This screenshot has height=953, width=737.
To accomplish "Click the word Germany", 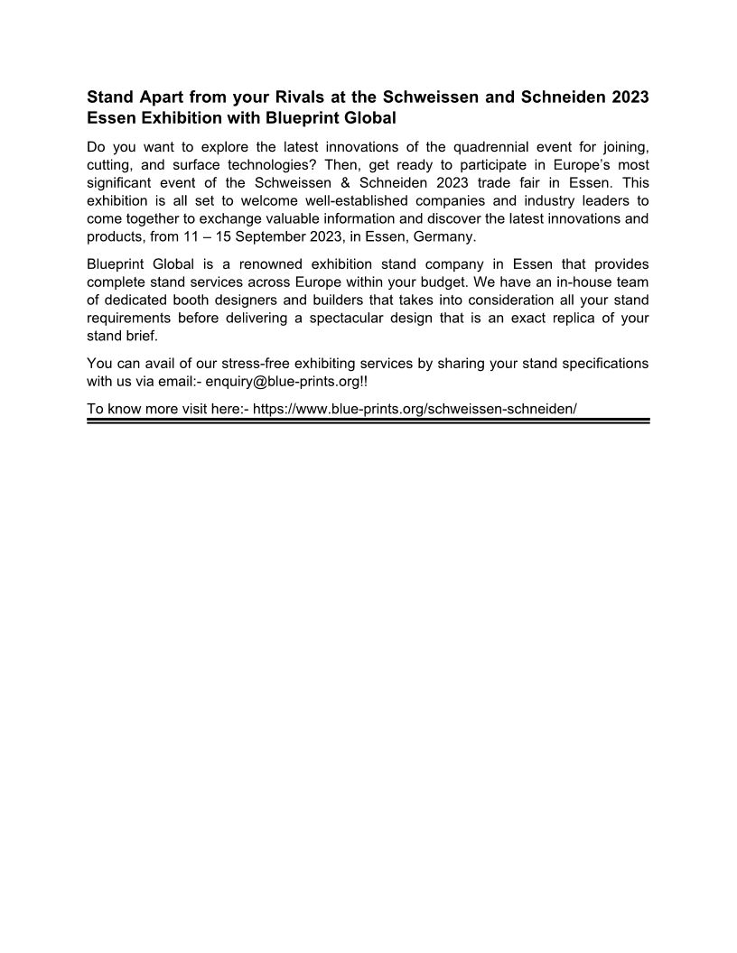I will click(x=443, y=237).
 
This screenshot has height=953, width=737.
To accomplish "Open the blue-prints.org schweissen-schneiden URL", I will click(x=415, y=408).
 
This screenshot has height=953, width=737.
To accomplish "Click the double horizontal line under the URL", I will click(x=368, y=420).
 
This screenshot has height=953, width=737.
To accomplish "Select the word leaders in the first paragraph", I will click(x=573, y=201).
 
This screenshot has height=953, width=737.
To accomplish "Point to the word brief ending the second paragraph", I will click(x=139, y=336).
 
